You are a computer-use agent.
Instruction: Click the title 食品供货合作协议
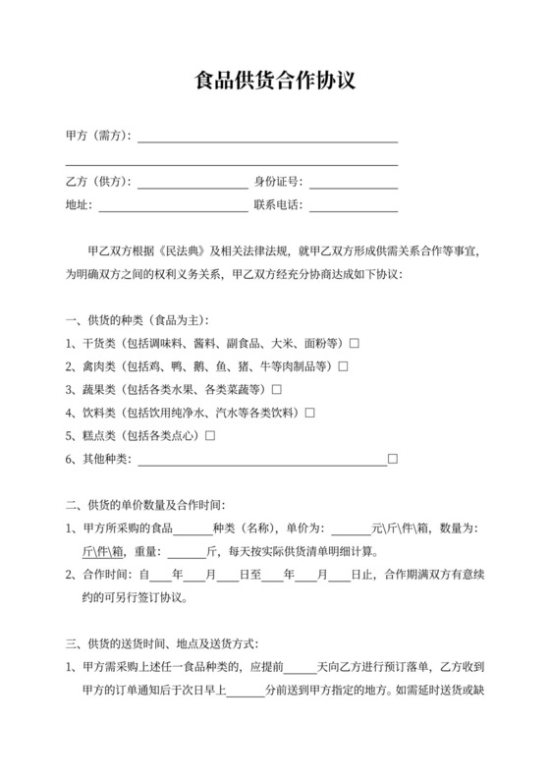pos(274,79)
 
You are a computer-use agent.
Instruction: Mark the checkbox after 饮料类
pos(309,413)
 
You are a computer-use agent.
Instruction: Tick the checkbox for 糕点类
pos(209,435)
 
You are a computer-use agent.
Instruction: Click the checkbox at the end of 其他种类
pos(392,459)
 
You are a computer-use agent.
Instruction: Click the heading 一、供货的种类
pos(137,320)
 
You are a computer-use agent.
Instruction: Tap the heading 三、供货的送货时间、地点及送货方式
pos(161,643)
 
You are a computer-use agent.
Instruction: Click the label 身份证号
pos(279,182)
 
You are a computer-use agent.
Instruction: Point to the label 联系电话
pos(279,205)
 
